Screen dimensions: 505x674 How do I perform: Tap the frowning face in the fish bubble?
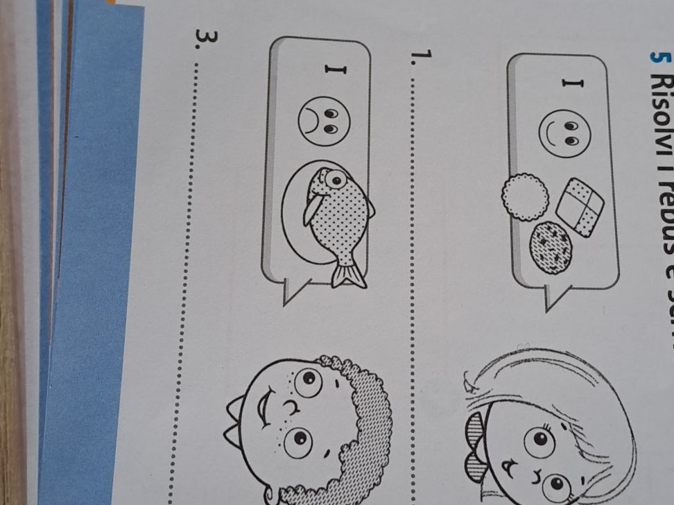[x=324, y=119]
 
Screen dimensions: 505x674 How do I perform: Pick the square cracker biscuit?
[x=580, y=207]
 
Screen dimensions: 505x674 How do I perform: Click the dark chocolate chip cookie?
[x=550, y=247]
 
